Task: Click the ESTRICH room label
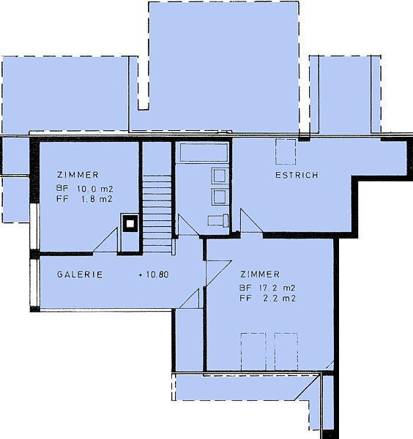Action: [297, 176]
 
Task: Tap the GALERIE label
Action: [80, 274]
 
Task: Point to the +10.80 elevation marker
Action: [154, 274]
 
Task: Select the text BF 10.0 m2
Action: [85, 189]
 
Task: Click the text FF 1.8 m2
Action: [85, 199]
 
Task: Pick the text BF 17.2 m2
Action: [267, 288]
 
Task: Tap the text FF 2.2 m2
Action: [267, 299]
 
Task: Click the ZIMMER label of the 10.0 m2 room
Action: [78, 175]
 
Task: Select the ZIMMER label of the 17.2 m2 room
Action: [260, 274]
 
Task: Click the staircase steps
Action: [157, 214]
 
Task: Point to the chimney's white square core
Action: [130, 224]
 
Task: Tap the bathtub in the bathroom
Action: [204, 153]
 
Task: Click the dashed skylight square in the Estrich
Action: [286, 151]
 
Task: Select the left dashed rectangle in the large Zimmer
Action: [253, 353]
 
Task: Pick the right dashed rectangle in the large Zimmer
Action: [286, 353]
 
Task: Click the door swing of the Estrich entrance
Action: [251, 221]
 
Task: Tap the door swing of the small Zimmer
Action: [105, 240]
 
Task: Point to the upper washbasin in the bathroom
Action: [219, 176]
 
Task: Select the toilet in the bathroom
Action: [218, 221]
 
